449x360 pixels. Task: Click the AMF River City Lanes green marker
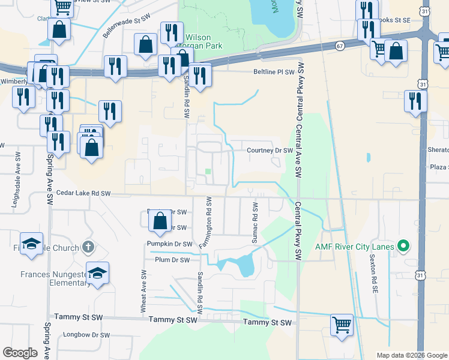404,247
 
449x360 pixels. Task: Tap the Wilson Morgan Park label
203,41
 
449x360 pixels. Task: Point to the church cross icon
88,247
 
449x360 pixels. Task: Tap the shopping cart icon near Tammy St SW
342,325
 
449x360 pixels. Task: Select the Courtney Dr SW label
270,151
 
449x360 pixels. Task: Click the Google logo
20,353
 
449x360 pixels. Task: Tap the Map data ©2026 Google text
411,355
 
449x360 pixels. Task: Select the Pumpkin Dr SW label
170,244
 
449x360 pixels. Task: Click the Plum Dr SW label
172,260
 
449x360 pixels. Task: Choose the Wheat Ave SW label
143,290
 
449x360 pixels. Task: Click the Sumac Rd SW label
256,223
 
